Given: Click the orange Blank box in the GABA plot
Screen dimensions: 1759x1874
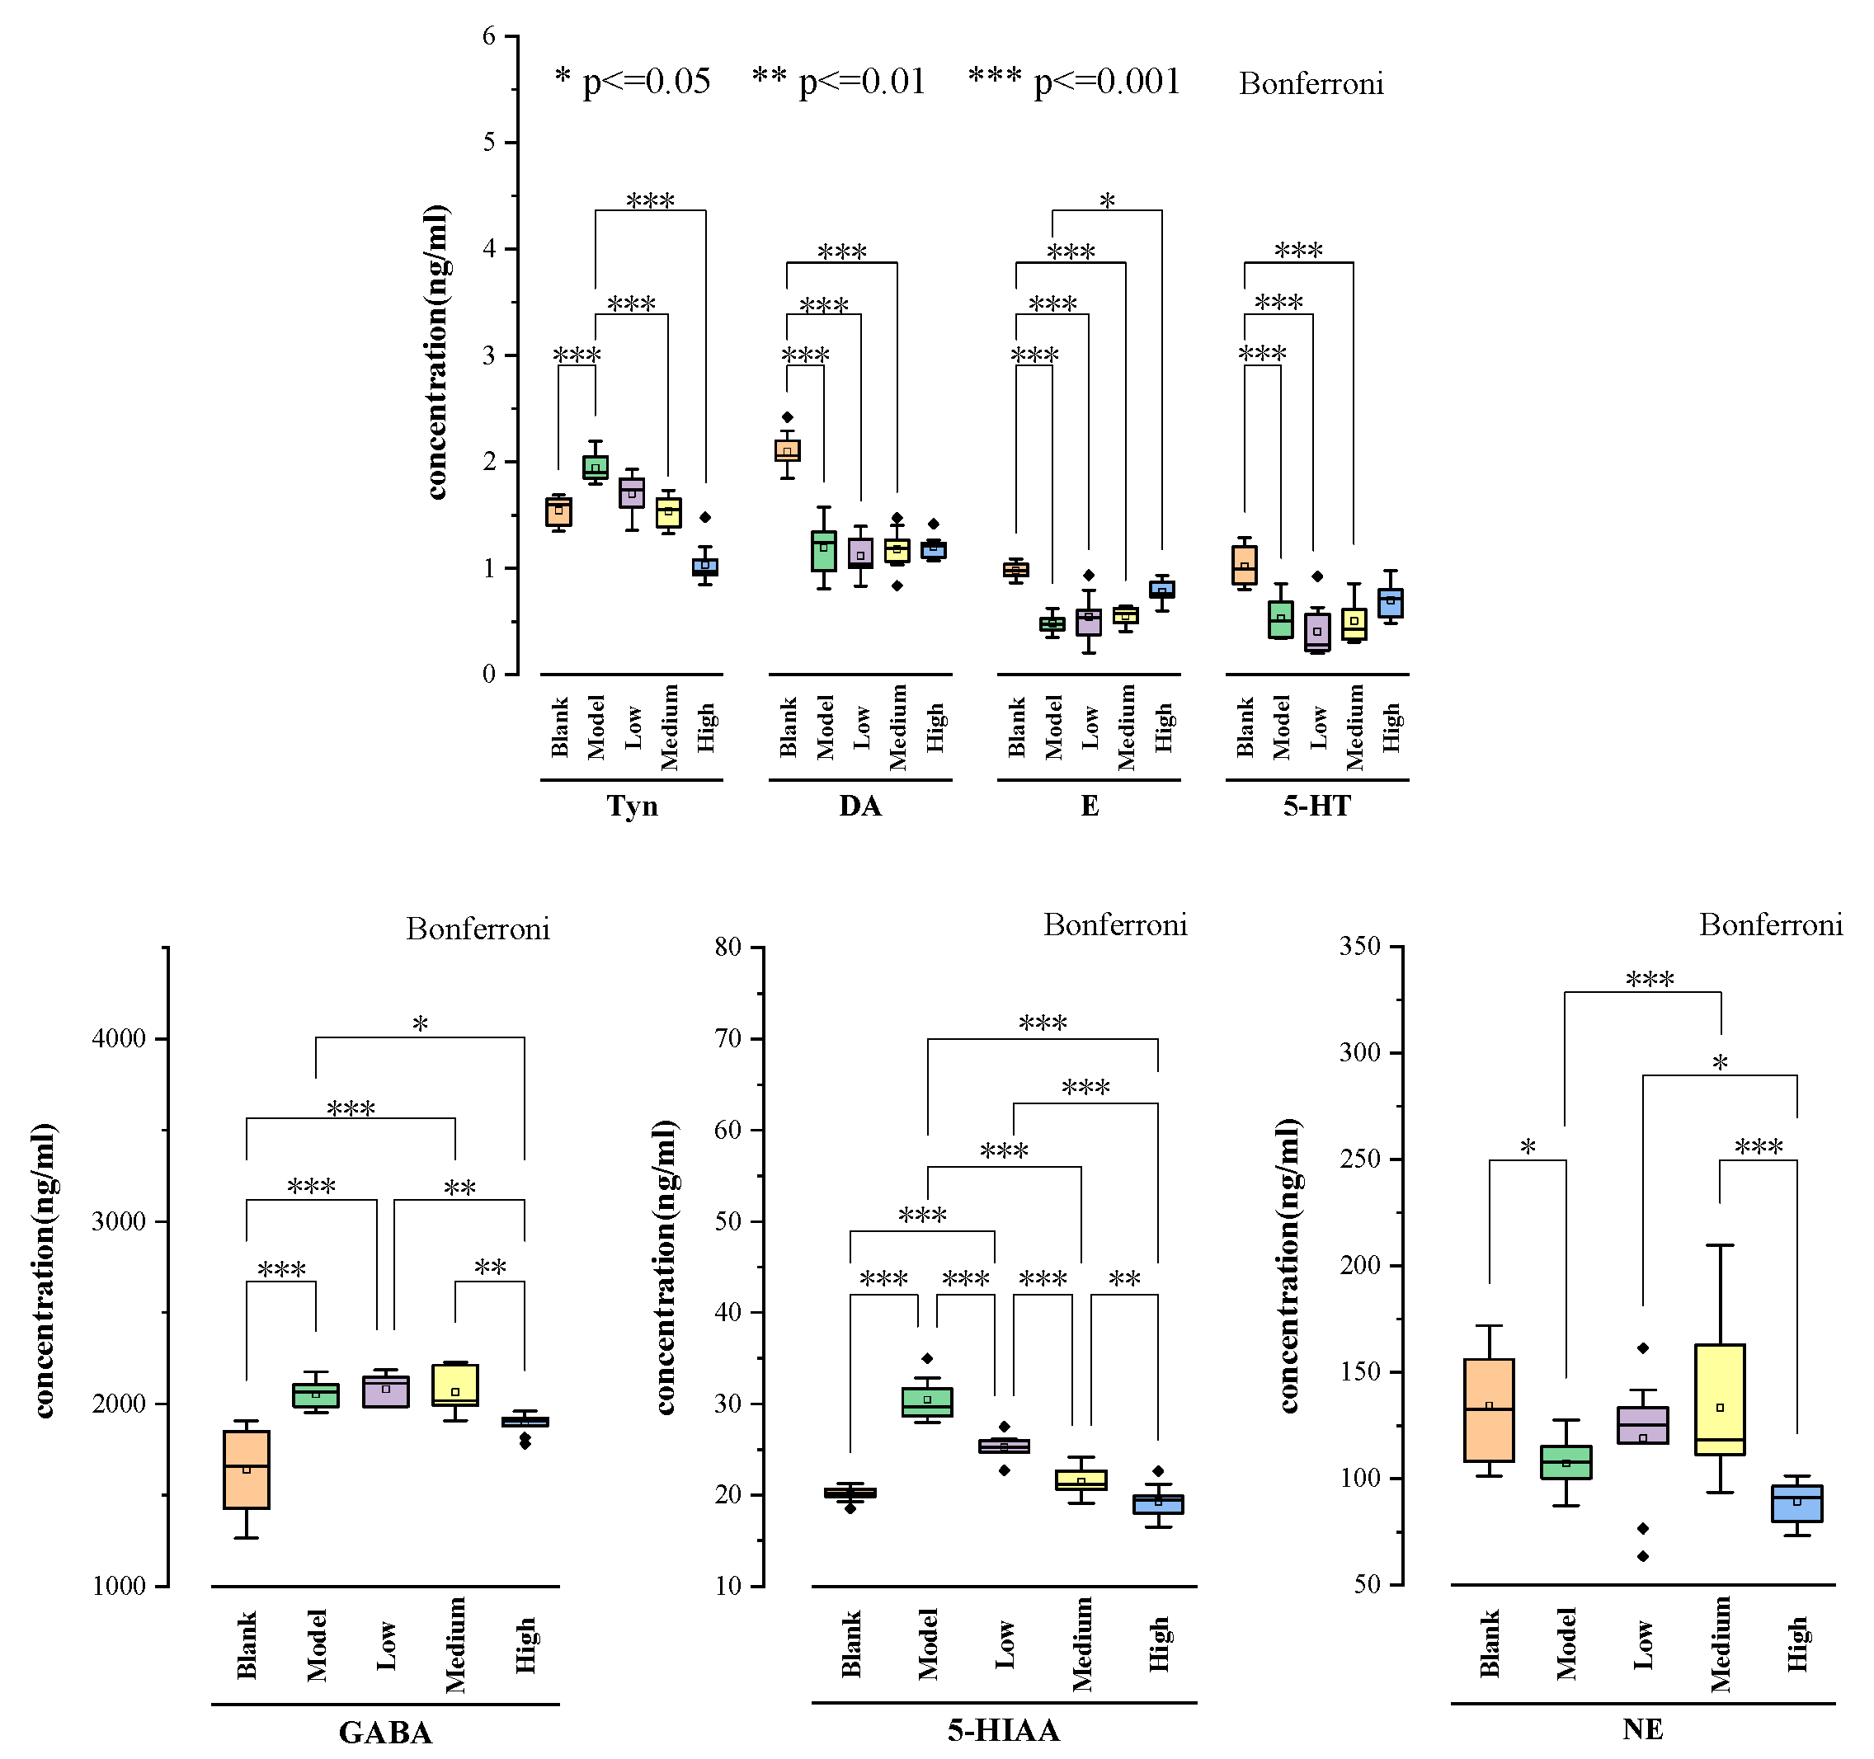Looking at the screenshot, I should (246, 1470).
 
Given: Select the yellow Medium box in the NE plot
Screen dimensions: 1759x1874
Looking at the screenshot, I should (1720, 1399).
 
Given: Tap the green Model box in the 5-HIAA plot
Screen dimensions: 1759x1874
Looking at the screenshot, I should (926, 1402).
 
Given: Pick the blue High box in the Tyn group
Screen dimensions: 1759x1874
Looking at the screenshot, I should (705, 567).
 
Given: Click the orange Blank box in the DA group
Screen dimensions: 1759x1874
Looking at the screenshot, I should (787, 450).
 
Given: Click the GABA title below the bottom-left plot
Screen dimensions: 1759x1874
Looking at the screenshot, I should (384, 1732).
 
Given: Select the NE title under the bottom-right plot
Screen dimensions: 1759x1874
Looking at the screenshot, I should (1642, 1728).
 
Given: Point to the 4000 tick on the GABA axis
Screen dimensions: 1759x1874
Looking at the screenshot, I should (119, 1039).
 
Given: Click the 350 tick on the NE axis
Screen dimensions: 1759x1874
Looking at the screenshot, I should (1359, 947).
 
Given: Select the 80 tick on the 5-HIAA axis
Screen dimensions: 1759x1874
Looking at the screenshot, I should (728, 947).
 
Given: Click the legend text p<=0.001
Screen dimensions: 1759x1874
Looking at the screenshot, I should (1107, 82).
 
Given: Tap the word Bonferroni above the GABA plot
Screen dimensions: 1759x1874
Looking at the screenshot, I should (478, 929).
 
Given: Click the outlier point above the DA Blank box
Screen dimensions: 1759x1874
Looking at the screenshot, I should (788, 417).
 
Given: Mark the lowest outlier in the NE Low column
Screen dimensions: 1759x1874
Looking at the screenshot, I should (1643, 1556).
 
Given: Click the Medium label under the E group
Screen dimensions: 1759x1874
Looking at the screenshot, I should (1127, 727).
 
